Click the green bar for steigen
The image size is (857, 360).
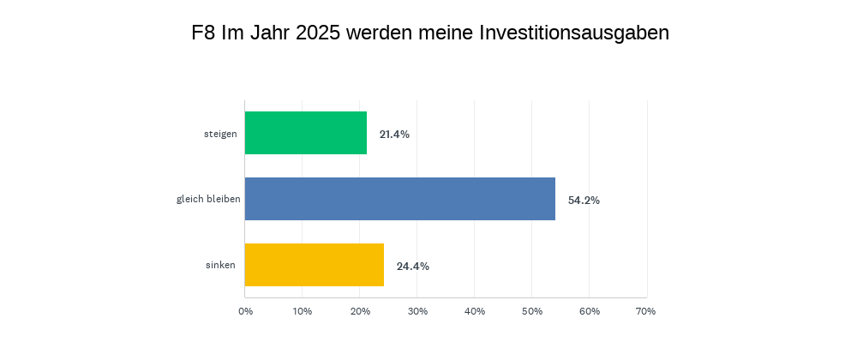point(306,133)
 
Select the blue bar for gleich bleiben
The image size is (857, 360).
point(400,199)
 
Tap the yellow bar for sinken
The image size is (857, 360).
point(315,265)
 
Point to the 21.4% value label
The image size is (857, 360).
point(394,134)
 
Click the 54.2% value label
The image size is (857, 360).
point(584,200)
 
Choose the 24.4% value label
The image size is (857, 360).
point(412,266)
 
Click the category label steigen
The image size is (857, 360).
point(220,134)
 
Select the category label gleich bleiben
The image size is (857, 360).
point(208,200)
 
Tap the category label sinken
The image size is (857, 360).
point(221,266)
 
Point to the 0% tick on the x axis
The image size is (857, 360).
point(245,310)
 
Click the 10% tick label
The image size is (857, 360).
point(303,310)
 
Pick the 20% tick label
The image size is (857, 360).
point(360,310)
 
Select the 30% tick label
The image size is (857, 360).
point(417,310)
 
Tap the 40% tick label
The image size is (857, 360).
point(475,310)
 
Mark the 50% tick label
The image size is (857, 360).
point(532,310)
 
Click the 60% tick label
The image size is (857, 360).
point(590,310)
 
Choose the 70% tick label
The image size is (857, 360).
point(646,310)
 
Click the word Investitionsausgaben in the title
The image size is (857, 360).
point(574,33)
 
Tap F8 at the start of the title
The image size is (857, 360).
point(203,33)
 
